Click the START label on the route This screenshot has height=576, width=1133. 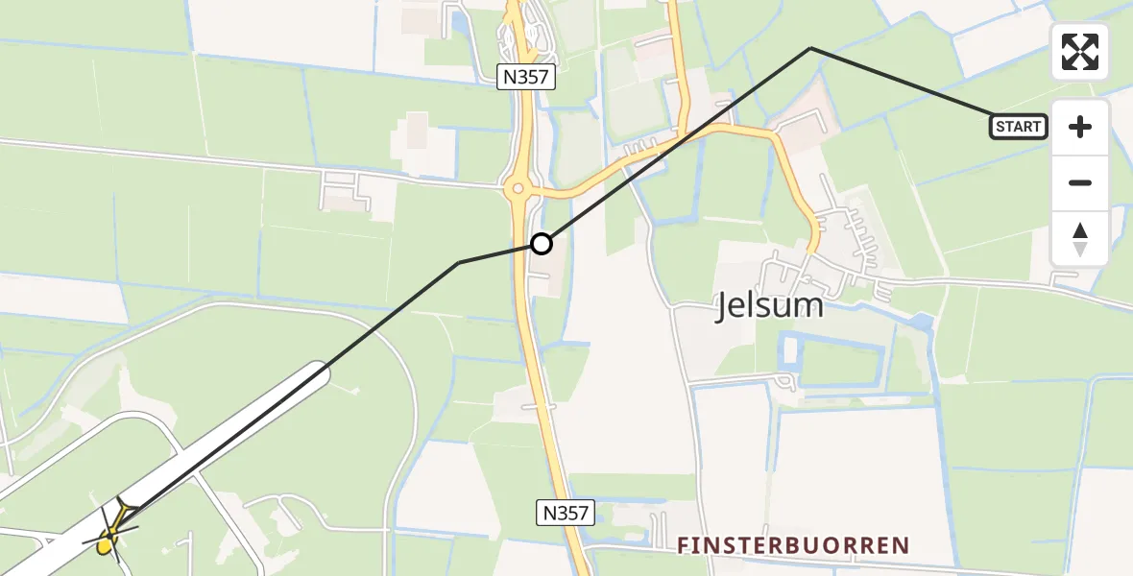(x=1019, y=127)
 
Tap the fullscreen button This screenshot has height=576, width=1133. (x=1080, y=52)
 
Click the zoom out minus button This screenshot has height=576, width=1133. (x=1080, y=183)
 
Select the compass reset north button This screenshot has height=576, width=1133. (x=1080, y=239)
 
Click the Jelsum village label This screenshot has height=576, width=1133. (x=769, y=306)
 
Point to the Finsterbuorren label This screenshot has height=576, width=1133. (x=792, y=546)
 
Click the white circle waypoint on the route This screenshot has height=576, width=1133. (x=542, y=244)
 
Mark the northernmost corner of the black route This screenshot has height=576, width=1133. (x=811, y=47)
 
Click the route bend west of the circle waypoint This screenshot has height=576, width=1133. (x=459, y=263)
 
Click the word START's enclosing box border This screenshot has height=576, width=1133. (x=993, y=127)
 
